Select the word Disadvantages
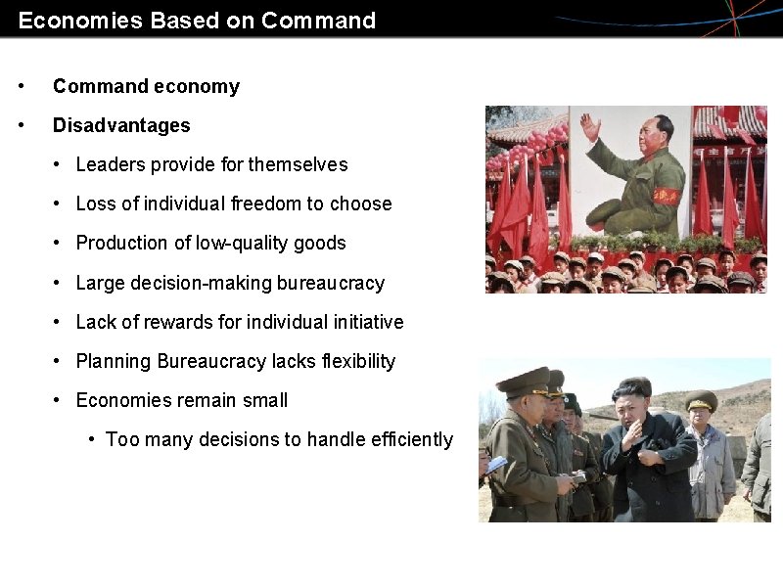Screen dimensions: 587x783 tap(121, 125)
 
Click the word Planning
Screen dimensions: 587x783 tap(110, 361)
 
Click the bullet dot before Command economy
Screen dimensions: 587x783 tap(23, 86)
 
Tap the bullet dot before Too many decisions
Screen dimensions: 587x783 tap(91, 439)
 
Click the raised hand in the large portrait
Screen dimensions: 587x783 tap(590, 127)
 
